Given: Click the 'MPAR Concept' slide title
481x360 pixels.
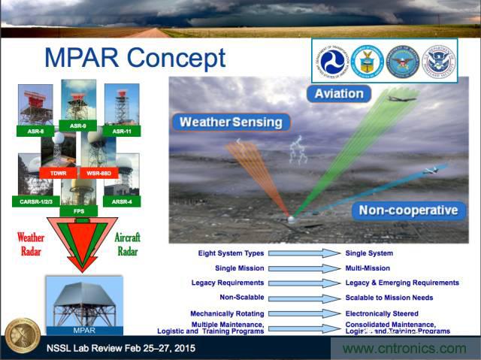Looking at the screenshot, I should click(x=135, y=59).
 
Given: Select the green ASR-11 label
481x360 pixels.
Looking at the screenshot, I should click(x=122, y=131).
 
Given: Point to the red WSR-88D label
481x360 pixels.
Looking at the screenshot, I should click(x=99, y=172).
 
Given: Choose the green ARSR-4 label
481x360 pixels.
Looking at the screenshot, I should click(x=122, y=201).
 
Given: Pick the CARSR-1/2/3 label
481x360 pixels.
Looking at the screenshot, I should click(x=35, y=201).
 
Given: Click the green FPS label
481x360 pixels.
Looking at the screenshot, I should click(x=78, y=212).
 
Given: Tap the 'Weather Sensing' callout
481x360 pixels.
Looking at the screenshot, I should click(x=231, y=122).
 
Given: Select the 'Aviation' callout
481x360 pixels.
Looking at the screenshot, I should click(x=339, y=94).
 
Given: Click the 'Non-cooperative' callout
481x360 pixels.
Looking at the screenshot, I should click(x=407, y=210).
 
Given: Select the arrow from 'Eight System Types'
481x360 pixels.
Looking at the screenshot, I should click(x=304, y=253).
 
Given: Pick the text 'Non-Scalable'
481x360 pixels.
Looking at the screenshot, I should click(x=242, y=297).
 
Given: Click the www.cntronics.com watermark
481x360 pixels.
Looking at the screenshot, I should click(x=404, y=348).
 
